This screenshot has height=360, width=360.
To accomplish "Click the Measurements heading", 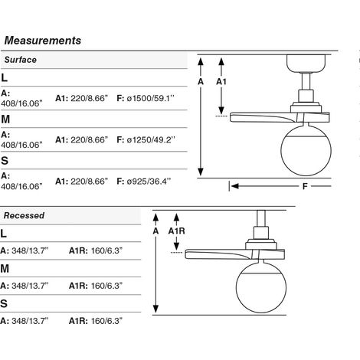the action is [43, 41].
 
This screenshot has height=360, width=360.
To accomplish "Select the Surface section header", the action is [21, 60].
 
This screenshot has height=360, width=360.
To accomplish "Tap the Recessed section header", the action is [24, 215].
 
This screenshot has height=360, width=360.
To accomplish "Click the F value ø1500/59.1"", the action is [150, 98].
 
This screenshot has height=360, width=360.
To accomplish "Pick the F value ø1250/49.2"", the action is [151, 139].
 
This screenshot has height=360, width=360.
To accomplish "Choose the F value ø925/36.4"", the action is [149, 182].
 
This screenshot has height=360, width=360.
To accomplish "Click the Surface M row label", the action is [5, 119].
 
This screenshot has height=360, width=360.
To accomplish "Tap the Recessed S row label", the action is [4, 303].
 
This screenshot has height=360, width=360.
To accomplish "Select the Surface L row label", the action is [4, 77].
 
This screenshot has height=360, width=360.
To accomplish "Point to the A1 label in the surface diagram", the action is [221, 82].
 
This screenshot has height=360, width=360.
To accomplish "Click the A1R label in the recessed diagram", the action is [176, 231].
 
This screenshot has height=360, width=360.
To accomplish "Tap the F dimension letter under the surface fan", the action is [305, 186].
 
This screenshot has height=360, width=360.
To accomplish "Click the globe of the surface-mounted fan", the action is [306, 150].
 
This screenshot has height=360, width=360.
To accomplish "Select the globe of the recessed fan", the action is [261, 287].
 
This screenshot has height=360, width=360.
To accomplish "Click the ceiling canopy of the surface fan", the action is [306, 64].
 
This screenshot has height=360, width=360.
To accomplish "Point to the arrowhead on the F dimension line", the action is [234, 186].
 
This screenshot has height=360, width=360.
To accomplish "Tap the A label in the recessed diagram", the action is [155, 231].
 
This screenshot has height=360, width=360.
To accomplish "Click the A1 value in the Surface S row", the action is [90, 182].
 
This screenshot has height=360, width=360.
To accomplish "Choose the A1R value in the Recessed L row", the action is [106, 250].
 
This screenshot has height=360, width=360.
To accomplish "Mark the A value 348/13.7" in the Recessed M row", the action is [30, 286].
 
